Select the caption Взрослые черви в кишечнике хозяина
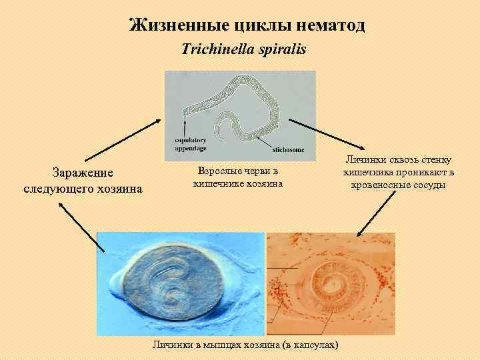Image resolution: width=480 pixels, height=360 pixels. pyautogui.click(x=238, y=177)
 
